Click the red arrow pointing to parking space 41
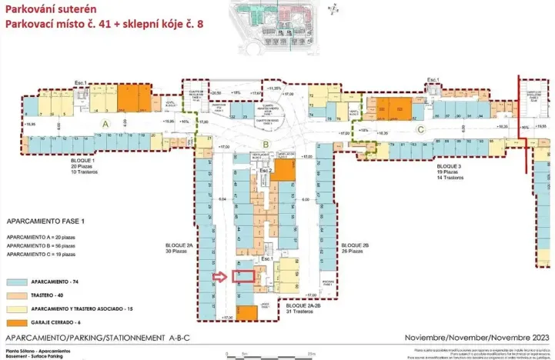(221, 277)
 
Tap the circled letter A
(107, 123)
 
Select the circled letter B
(266, 143)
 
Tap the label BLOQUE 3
(449, 166)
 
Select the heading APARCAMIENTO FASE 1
(42, 218)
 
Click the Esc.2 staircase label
(266, 169)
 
